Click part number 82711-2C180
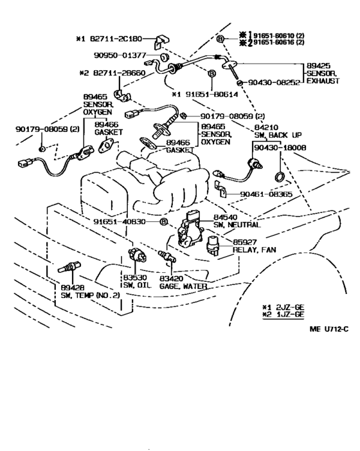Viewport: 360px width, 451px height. (x=116, y=39)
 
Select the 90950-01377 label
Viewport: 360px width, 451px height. (x=120, y=55)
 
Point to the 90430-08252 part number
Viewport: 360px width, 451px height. (x=274, y=82)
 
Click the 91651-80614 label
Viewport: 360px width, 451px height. (x=212, y=95)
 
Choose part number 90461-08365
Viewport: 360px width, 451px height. (x=266, y=194)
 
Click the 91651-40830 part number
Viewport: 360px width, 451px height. (x=120, y=221)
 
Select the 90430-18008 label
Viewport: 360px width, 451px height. (x=280, y=147)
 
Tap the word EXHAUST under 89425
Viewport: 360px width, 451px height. (x=323, y=81)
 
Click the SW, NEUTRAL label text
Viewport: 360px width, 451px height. (x=237, y=225)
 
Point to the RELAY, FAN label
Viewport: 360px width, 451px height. (x=255, y=250)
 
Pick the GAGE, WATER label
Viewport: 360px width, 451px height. (x=183, y=286)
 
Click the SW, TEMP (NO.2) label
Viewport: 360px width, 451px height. (x=90, y=295)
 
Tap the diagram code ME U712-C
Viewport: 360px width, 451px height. (x=329, y=329)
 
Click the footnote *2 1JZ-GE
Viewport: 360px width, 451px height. (x=283, y=315)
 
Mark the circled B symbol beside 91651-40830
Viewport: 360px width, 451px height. (x=163, y=222)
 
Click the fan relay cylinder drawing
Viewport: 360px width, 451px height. (x=213, y=244)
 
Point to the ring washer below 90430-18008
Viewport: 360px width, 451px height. (x=279, y=176)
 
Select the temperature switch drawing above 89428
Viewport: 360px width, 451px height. (x=69, y=267)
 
